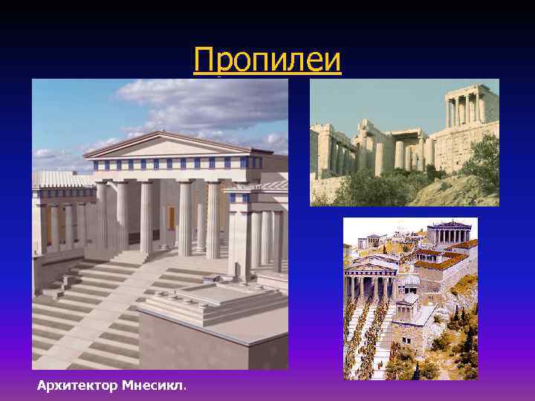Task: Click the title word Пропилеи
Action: [x=267, y=60]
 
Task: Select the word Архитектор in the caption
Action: [x=71, y=385]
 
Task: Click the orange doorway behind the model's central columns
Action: [x=171, y=217]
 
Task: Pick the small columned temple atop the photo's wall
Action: [x=464, y=108]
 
